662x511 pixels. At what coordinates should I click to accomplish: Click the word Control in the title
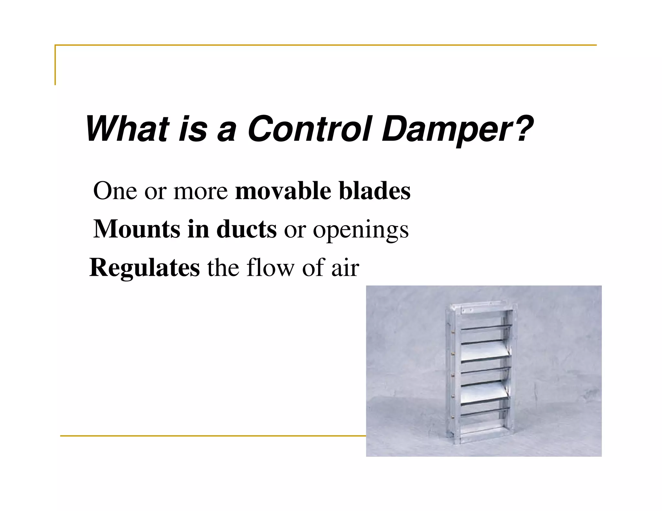pyautogui.click(x=310, y=129)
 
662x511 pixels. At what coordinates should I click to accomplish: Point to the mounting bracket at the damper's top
pyautogui.click(x=467, y=310)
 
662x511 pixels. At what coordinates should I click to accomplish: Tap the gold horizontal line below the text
pyautogui.click(x=210, y=436)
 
